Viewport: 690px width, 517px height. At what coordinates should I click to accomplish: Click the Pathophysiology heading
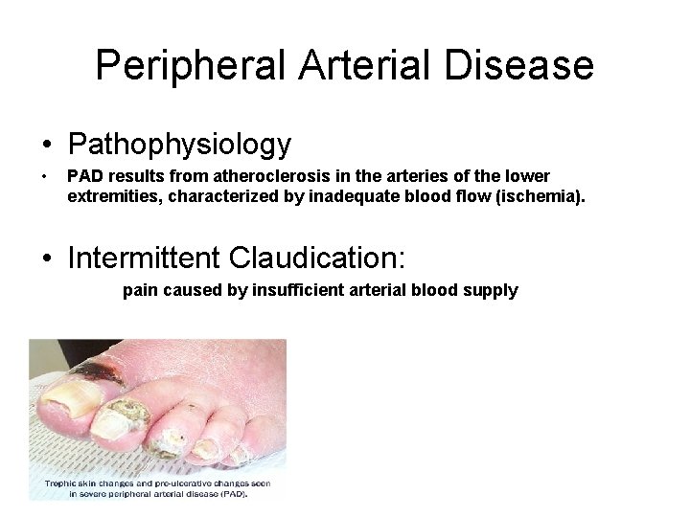179,145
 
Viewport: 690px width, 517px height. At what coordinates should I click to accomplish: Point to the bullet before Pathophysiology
47,146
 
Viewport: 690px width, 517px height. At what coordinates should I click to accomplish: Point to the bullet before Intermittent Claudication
47,258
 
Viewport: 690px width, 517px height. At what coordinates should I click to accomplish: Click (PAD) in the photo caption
232,494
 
